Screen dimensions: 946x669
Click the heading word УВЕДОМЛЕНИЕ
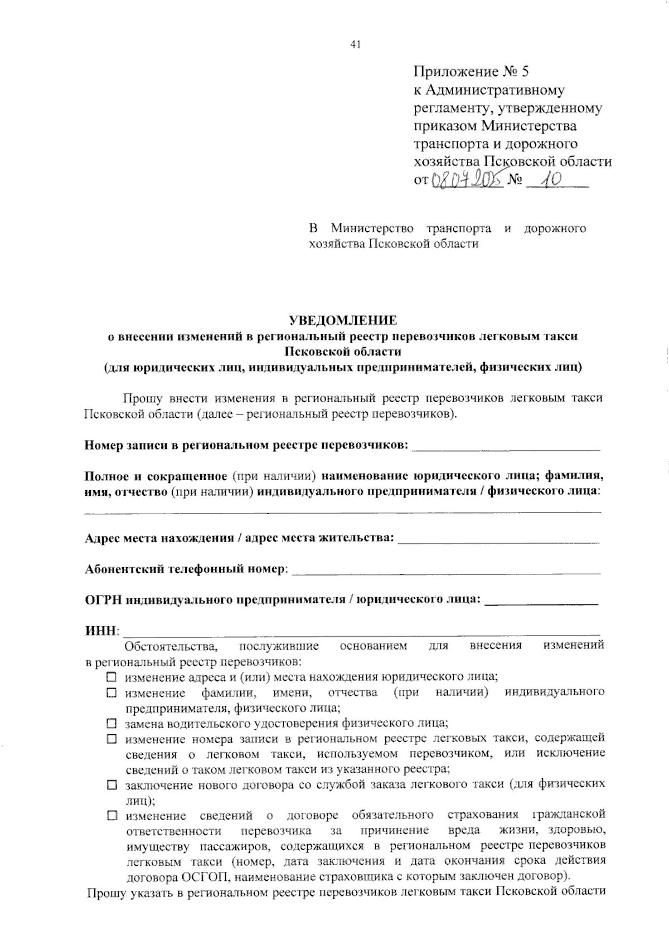[343, 320]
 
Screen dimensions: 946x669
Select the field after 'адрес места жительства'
[499, 540]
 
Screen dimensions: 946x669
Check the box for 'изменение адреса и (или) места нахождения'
[111, 677]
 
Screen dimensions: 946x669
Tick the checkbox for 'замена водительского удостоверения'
[111, 724]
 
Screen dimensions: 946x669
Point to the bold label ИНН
[101, 631]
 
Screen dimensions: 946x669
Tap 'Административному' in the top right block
[496, 90]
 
